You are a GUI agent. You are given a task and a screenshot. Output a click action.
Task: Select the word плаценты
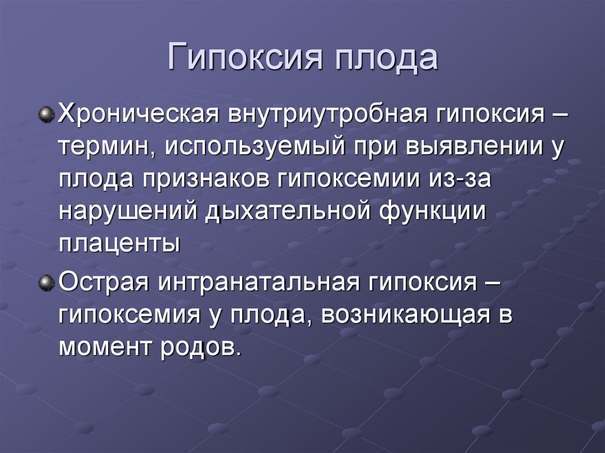coord(119,244)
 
